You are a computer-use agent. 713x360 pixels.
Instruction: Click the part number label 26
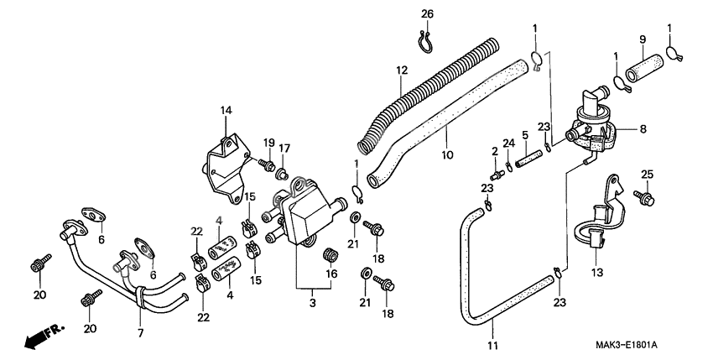tap(427, 14)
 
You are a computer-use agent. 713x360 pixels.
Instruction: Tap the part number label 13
tap(597, 273)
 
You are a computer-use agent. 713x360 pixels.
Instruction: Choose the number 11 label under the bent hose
tap(492, 346)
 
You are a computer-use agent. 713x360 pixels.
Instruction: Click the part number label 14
tap(226, 110)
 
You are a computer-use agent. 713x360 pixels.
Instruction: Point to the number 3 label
tap(313, 301)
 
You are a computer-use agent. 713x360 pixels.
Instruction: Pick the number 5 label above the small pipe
tap(523, 134)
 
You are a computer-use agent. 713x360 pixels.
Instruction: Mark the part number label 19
tap(270, 142)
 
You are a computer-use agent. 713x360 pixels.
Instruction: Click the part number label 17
tap(284, 149)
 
